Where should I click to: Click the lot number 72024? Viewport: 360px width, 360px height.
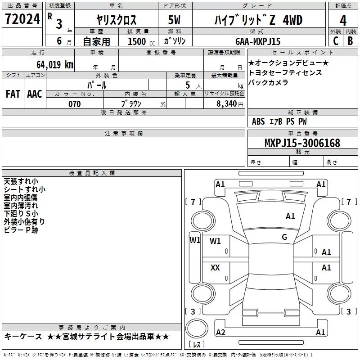click(x=22, y=19)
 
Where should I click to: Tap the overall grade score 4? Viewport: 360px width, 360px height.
click(x=343, y=21)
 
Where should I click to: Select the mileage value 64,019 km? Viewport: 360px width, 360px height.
click(x=55, y=65)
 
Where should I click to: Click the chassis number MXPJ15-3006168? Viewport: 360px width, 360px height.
click(x=302, y=143)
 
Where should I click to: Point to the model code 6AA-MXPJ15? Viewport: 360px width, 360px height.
click(x=258, y=41)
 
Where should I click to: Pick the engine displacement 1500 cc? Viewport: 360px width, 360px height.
click(x=141, y=41)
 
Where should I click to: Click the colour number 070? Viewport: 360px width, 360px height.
click(x=75, y=104)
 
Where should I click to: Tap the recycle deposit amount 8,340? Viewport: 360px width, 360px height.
click(x=227, y=104)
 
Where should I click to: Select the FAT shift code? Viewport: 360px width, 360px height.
click(x=13, y=94)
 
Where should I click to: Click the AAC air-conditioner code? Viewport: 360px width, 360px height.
click(x=35, y=94)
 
